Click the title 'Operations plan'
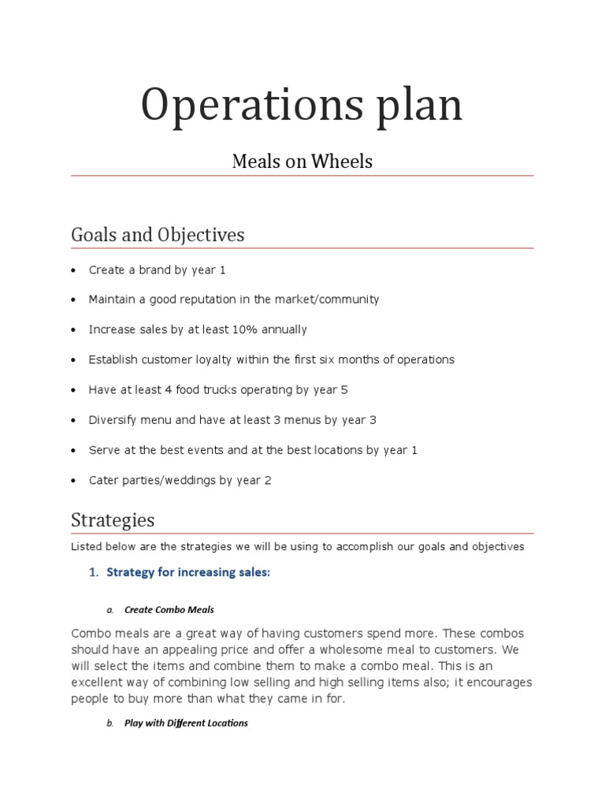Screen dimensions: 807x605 pos(302,106)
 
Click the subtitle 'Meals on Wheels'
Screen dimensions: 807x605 pos(302,162)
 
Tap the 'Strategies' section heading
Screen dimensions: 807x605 pos(113,520)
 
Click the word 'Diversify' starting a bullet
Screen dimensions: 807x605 pos(113,419)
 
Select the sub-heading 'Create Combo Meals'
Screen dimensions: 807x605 pos(169,610)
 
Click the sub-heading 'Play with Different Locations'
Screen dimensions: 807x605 pos(186,723)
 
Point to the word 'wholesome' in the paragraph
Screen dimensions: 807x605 pos(352,650)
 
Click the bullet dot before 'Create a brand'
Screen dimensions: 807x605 pos(73,270)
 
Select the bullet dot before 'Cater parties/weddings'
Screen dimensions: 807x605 pos(73,481)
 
